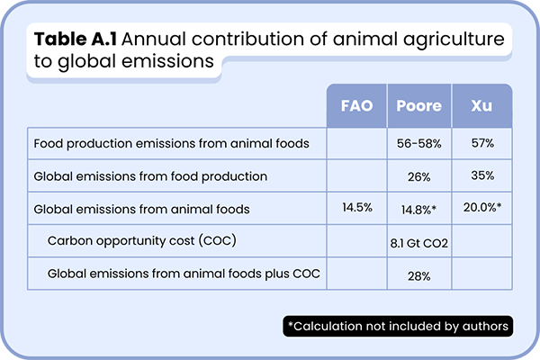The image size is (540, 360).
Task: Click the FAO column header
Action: click(x=356, y=106)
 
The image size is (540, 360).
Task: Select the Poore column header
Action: click(x=418, y=106)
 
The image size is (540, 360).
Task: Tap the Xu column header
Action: click(x=481, y=106)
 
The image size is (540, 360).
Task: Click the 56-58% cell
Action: click(x=418, y=143)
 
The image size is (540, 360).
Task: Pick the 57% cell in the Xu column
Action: click(x=481, y=143)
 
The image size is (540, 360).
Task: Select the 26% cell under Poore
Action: click(x=418, y=175)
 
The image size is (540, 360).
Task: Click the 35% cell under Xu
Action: click(x=481, y=175)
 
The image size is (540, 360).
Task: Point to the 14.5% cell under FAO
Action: click(x=356, y=209)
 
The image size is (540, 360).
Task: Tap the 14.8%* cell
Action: click(x=418, y=209)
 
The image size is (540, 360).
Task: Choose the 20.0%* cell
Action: click(x=481, y=209)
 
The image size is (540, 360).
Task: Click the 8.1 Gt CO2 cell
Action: click(x=418, y=242)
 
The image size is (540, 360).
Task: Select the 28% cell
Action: click(x=418, y=275)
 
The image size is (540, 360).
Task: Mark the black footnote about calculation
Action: click(x=398, y=325)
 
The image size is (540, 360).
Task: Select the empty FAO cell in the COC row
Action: click(x=356, y=242)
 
